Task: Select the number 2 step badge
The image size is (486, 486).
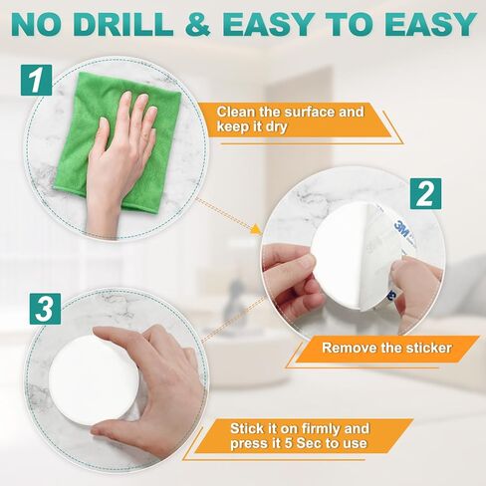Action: (x=424, y=192)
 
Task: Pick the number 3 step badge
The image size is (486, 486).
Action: (x=43, y=306)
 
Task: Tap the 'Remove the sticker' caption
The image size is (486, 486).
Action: (x=386, y=349)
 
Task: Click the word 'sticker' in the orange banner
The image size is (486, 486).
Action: (x=421, y=349)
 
